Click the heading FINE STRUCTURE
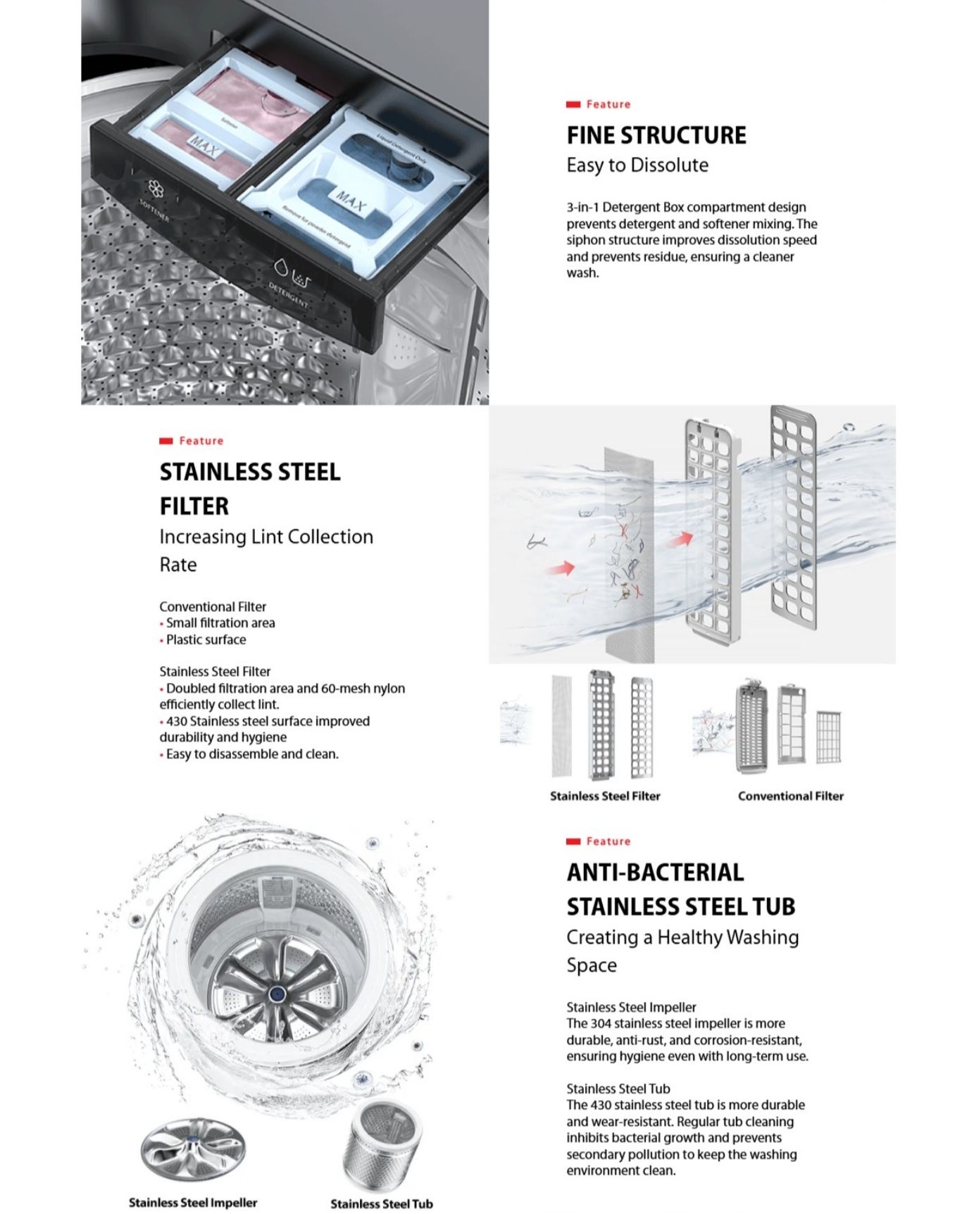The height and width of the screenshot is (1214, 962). pos(656,135)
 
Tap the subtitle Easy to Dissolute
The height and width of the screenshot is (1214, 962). pos(637,165)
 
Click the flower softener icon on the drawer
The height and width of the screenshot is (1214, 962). pos(156,189)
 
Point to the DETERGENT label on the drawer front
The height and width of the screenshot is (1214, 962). pos(288,294)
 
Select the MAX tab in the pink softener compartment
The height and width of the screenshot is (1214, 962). pos(205,147)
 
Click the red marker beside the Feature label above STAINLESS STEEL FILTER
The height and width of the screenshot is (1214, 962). pos(166,442)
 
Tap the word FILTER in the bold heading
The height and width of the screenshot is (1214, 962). pos(194,506)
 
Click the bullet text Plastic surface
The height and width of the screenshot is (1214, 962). pos(206,640)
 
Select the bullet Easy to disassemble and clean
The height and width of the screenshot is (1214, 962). pos(252,754)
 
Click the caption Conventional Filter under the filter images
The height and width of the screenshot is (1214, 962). pos(790,796)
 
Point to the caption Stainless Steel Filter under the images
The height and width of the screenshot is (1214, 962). pos(605,796)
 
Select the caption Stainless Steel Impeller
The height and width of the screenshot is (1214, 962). pos(193,1203)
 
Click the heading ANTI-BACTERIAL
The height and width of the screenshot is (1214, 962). pos(655,872)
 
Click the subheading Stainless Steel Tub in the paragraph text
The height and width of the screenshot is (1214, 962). pos(618,1089)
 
